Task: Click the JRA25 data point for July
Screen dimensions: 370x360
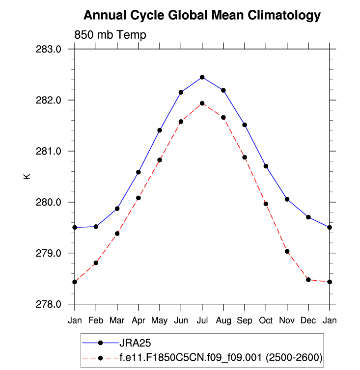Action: pyautogui.click(x=202, y=77)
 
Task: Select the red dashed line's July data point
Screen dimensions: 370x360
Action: pyautogui.click(x=202, y=103)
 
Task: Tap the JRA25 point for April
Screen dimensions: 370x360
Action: pyautogui.click(x=138, y=172)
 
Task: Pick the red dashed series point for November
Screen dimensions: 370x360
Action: pyautogui.click(x=287, y=251)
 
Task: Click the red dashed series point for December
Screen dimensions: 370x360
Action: pyautogui.click(x=308, y=280)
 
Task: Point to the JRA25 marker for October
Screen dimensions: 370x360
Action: pyautogui.click(x=266, y=166)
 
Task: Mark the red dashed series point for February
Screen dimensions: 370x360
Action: pyautogui.click(x=96, y=263)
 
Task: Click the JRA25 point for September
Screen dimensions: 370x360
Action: pyautogui.click(x=245, y=125)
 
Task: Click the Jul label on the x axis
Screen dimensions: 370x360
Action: pyautogui.click(x=202, y=320)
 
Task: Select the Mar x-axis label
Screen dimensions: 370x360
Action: pyautogui.click(x=117, y=320)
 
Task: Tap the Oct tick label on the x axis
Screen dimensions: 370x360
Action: pyautogui.click(x=266, y=320)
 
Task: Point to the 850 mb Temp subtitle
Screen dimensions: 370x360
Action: pyautogui.click(x=110, y=35)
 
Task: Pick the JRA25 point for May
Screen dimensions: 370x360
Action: pyautogui.click(x=160, y=130)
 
